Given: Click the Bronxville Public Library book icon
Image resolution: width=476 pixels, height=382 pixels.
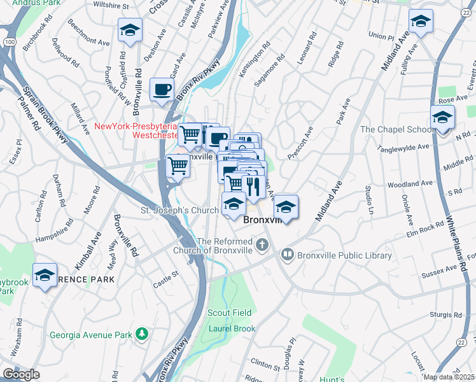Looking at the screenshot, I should tap(287, 255).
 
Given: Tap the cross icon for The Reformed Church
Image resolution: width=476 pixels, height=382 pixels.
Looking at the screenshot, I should tap(261, 244).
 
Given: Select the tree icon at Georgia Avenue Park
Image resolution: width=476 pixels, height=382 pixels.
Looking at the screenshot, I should tap(144, 334).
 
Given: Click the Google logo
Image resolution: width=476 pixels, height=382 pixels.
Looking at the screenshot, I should tap(21, 374).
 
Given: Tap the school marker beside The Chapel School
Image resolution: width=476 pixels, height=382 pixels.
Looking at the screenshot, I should tap(442, 117).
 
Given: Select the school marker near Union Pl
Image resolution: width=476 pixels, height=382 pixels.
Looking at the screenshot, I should tap(420, 21).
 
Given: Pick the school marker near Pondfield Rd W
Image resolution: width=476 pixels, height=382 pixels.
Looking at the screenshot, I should tap(130, 30).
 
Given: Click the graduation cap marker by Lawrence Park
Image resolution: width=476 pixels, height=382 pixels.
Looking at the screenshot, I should tap(45, 275).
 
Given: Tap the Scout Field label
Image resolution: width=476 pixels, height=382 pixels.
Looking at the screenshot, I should tap(229, 313).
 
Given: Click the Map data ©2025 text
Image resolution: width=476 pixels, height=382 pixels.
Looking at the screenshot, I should tap(449, 377).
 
